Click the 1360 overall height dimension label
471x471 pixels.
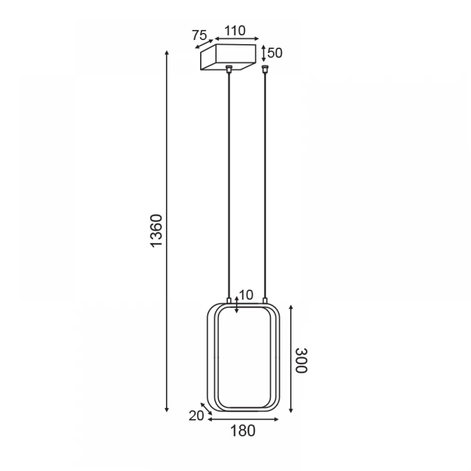tap(156, 231)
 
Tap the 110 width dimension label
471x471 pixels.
tap(235, 31)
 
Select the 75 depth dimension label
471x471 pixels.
tap(199, 35)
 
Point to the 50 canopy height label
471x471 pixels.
tap(275, 53)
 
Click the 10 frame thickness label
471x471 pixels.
tap(246, 295)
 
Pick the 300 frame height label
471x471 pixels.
tap(301, 360)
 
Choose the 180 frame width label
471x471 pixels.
tap(243, 431)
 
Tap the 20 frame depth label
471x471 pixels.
tap(196, 416)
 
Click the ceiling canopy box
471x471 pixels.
tap(228, 57)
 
